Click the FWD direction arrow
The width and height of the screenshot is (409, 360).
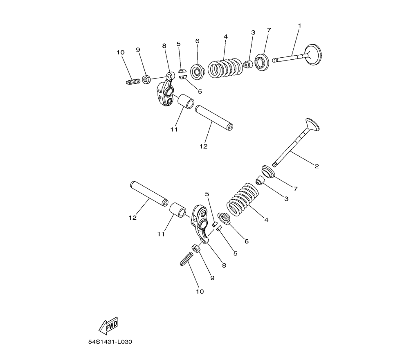click(x=108, y=326)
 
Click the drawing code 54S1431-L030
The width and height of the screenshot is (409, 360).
click(x=110, y=342)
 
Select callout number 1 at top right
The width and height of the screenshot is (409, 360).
click(x=300, y=25)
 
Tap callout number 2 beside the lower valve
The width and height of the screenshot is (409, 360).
click(x=317, y=166)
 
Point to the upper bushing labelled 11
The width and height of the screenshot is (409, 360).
click(x=186, y=101)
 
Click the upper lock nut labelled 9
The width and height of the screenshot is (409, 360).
click(x=146, y=79)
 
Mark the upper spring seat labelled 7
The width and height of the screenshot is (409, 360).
click(x=262, y=62)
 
